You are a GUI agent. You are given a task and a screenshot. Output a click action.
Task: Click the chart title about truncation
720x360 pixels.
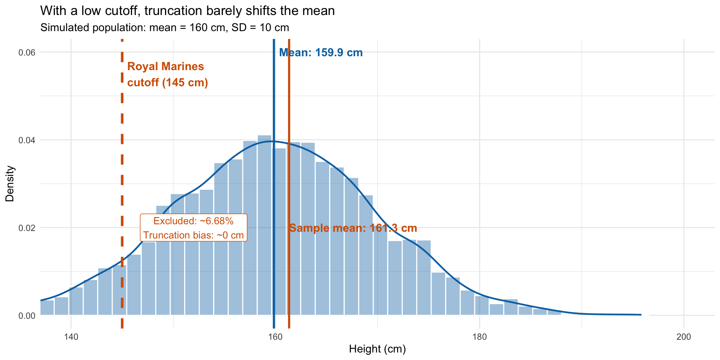(x=187, y=11)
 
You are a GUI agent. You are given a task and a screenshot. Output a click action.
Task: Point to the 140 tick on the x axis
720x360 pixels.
(x=71, y=337)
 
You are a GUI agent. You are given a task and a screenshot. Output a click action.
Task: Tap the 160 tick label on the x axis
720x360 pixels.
(x=275, y=337)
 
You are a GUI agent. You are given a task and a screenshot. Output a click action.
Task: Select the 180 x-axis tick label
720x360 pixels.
(x=480, y=337)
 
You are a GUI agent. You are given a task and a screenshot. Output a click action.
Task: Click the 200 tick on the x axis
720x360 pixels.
(x=684, y=337)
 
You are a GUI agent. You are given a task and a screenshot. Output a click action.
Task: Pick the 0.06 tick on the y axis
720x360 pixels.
(x=27, y=52)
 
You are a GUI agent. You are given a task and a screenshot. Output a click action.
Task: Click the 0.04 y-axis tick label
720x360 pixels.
(x=27, y=140)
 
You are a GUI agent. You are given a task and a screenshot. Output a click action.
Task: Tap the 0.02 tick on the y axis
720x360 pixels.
(x=27, y=228)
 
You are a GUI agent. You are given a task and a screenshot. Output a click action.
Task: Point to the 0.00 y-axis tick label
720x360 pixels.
(x=27, y=316)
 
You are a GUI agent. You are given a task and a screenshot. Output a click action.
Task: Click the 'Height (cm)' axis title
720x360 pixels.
(x=377, y=349)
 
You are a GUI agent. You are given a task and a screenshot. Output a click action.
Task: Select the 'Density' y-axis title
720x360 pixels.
(x=10, y=184)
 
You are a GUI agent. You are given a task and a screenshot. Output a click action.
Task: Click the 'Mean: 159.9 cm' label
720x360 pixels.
(x=321, y=53)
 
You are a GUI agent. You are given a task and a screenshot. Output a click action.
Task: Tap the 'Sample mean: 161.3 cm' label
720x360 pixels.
(x=353, y=228)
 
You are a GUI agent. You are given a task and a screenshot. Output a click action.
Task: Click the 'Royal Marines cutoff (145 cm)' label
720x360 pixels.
(x=167, y=75)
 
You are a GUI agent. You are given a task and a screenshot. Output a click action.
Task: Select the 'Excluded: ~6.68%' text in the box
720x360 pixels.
(x=193, y=221)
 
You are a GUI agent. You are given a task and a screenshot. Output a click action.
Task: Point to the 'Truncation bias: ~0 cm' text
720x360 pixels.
(x=193, y=235)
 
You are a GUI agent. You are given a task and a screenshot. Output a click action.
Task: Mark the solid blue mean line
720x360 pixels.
(x=274, y=94)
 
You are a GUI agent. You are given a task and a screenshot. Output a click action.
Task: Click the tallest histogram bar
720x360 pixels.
(x=264, y=225)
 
